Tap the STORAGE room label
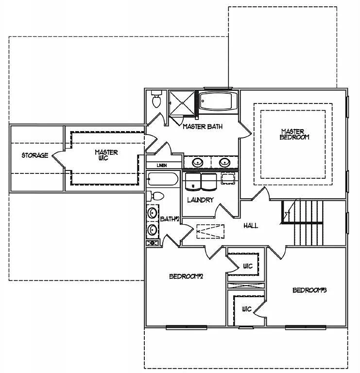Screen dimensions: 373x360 point(34,155)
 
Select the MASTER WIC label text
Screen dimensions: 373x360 point(106,155)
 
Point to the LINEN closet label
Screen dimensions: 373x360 point(162,166)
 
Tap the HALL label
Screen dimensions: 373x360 point(250,226)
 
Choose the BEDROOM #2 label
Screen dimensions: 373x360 point(186,276)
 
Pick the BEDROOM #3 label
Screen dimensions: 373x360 point(309,290)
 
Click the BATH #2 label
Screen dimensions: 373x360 point(170,220)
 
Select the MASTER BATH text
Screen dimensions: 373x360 point(203,127)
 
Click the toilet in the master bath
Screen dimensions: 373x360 point(156,100)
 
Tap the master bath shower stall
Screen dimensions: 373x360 point(181,103)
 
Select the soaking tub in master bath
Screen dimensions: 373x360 point(218,102)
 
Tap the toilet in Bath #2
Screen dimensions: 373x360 point(156,196)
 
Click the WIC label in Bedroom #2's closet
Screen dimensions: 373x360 point(247,266)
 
